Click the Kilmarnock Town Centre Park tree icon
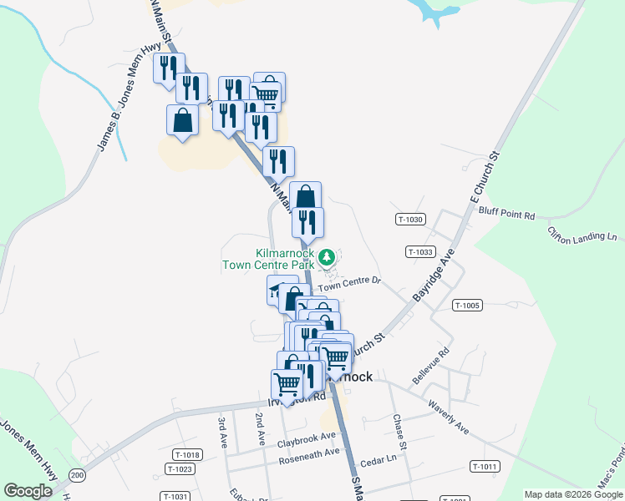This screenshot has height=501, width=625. tap(329, 256)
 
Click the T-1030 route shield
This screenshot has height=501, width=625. tap(411, 220)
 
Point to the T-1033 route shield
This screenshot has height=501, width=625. tap(420, 251)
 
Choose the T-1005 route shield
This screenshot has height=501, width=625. tap(467, 306)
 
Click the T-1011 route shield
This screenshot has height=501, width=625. tap(484, 467)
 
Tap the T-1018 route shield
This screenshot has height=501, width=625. tap(188, 455)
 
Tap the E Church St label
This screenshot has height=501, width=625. tap(485, 178)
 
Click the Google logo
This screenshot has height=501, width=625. tap(28, 491)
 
